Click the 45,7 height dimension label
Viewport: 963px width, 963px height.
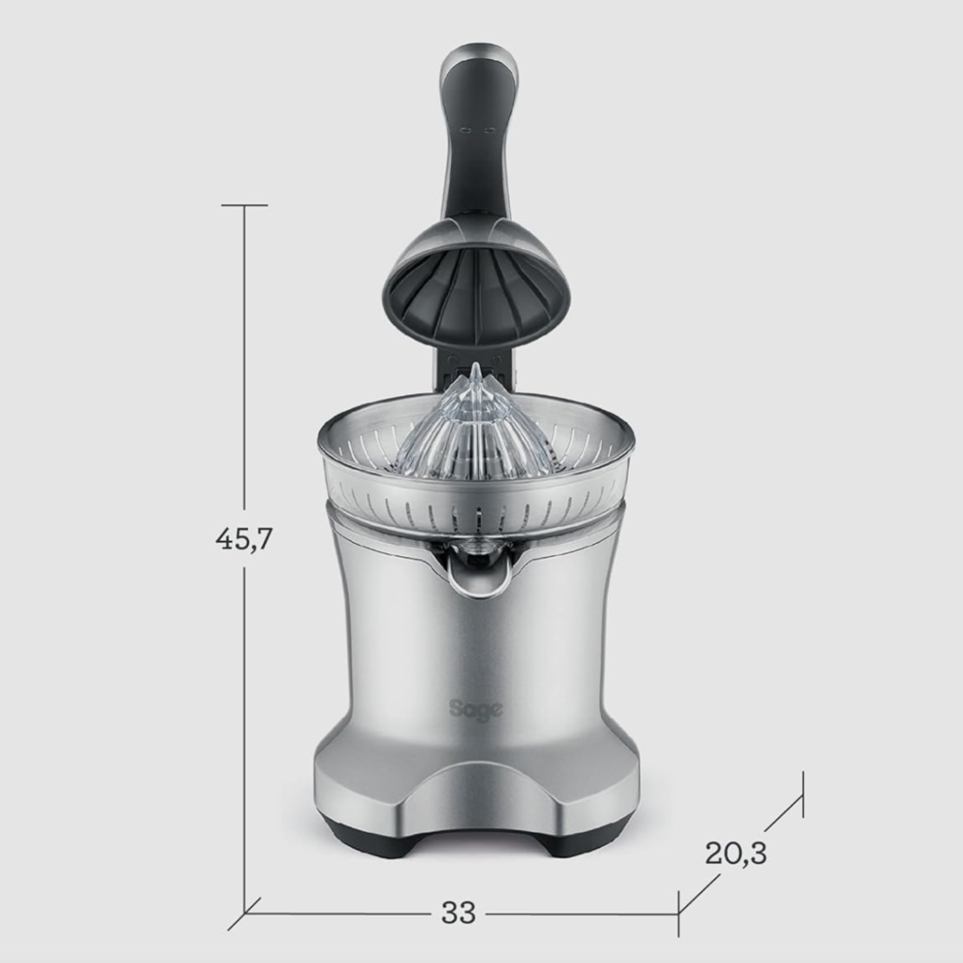(x=244, y=540)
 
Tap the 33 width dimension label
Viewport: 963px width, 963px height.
(x=458, y=913)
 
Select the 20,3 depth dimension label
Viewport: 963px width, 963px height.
(x=736, y=852)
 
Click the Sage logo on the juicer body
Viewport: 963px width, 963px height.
(x=475, y=710)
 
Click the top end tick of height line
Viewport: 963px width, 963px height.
(x=244, y=206)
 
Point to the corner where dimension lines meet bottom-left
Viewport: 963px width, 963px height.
(x=244, y=913)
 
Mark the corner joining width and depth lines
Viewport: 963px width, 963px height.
(x=678, y=913)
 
